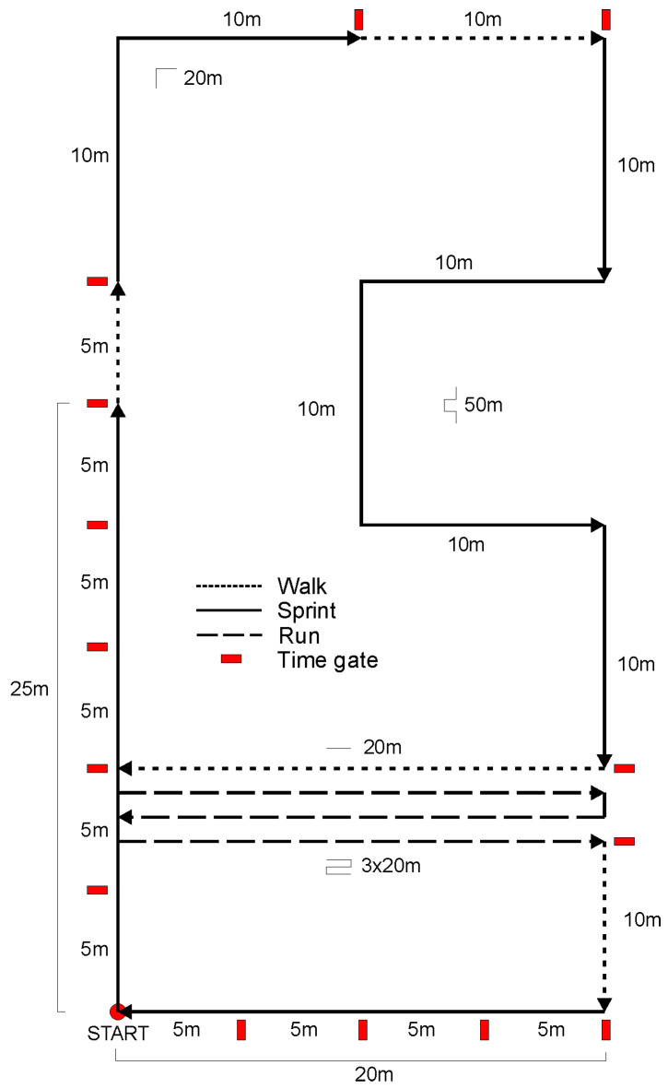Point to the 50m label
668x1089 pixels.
click(x=484, y=405)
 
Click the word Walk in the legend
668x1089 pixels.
click(x=302, y=586)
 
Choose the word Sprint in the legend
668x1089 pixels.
click(x=307, y=610)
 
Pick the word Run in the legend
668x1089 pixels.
click(x=299, y=635)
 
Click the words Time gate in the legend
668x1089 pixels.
click(x=327, y=659)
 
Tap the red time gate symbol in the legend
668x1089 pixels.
click(x=231, y=658)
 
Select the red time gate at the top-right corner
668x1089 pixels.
click(x=606, y=18)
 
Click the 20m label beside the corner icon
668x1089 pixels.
click(x=203, y=78)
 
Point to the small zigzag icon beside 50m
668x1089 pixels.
click(x=451, y=406)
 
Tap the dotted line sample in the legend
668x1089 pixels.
click(x=230, y=586)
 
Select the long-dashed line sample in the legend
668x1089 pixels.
click(x=230, y=635)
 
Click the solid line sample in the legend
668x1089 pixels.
click(x=230, y=610)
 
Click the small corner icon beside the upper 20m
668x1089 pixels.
click(x=165, y=77)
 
